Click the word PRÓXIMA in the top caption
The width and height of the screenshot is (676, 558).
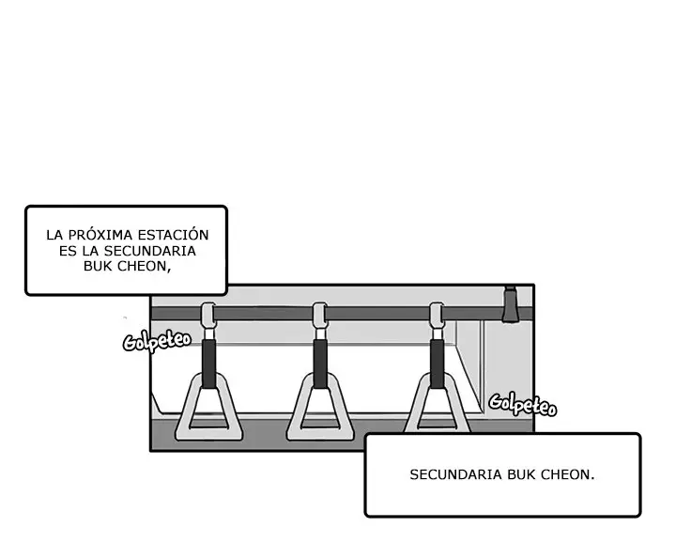(100, 235)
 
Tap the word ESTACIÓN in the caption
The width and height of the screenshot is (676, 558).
(174, 235)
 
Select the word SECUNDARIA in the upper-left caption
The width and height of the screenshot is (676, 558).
(150, 251)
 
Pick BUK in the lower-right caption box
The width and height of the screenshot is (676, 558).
(521, 474)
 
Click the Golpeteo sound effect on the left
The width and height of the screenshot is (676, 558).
(157, 342)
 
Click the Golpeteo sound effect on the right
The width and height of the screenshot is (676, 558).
(523, 405)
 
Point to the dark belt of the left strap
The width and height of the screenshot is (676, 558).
(209, 364)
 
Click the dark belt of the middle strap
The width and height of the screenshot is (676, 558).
(320, 364)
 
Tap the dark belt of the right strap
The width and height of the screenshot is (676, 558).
(437, 364)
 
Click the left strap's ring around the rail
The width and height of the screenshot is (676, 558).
(208, 316)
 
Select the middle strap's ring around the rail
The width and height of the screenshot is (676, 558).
(320, 316)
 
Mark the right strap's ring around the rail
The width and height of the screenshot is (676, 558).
(437, 316)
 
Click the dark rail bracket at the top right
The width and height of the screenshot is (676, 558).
(510, 304)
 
